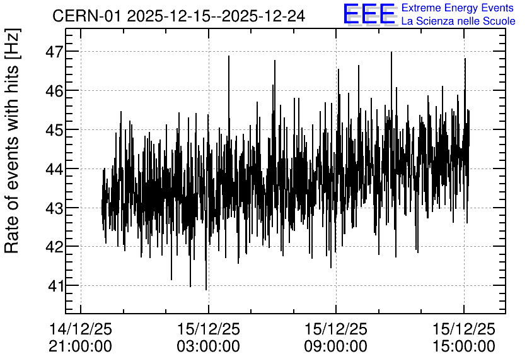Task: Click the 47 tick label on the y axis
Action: click(x=54, y=52)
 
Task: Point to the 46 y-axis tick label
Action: click(x=54, y=91)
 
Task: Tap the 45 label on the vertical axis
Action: click(x=54, y=130)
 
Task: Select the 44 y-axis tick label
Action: click(x=54, y=169)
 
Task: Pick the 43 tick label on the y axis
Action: click(x=54, y=208)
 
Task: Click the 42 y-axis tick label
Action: click(x=54, y=247)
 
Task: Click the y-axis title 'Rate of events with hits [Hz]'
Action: click(x=12, y=141)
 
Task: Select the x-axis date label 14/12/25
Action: click(x=80, y=329)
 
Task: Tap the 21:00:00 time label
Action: click(x=80, y=346)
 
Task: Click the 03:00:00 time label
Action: click(x=209, y=346)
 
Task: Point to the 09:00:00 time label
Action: click(x=336, y=346)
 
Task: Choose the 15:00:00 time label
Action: click(x=464, y=346)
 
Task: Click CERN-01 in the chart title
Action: click(x=86, y=16)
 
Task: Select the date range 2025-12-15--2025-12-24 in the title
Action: click(x=216, y=16)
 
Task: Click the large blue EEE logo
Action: click(x=369, y=14)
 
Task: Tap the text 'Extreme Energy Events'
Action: click(x=458, y=8)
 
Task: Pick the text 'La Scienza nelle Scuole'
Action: click(x=458, y=21)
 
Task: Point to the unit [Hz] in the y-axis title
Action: click(x=13, y=44)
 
